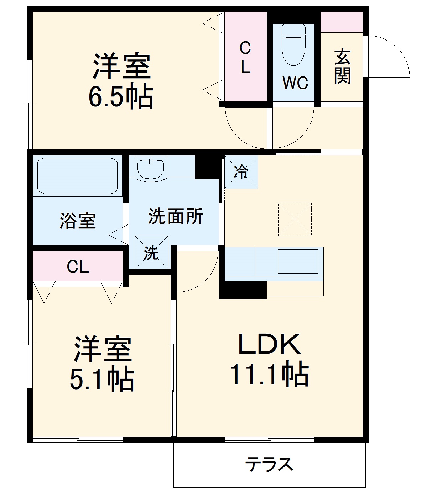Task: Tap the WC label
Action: click(295, 83)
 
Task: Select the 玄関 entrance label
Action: click(342, 67)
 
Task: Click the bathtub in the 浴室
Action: click(77, 175)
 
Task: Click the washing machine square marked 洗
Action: click(151, 252)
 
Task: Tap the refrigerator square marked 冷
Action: click(241, 172)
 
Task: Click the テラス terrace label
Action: click(269, 464)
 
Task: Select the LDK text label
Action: click(269, 344)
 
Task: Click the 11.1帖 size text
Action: click(269, 374)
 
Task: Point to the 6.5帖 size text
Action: click(121, 96)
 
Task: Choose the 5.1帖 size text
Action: click(102, 379)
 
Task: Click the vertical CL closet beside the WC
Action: click(245, 57)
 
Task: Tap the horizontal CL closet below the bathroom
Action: click(78, 266)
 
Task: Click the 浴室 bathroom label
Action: click(78, 221)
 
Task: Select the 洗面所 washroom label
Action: click(176, 216)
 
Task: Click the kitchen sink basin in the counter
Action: click(297, 261)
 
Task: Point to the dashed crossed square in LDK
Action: click(295, 220)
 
